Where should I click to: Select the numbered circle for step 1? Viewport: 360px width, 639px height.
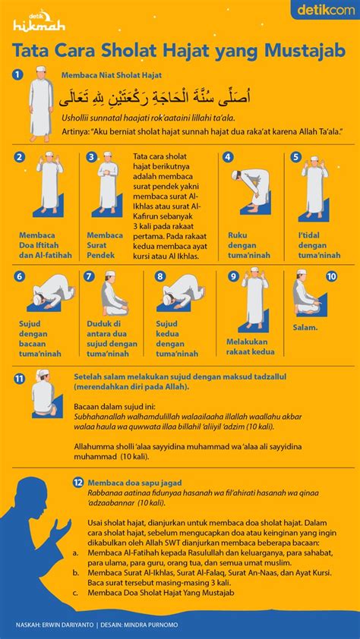click(18, 74)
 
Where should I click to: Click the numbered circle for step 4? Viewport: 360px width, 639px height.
click(227, 157)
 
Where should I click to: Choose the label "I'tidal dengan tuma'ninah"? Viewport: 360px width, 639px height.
click(319, 245)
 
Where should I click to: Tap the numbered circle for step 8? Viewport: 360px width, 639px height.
click(160, 276)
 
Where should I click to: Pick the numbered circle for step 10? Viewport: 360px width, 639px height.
click(331, 276)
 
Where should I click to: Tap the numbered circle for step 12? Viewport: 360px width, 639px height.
click(77, 482)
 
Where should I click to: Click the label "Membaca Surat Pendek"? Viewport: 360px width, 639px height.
click(105, 245)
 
